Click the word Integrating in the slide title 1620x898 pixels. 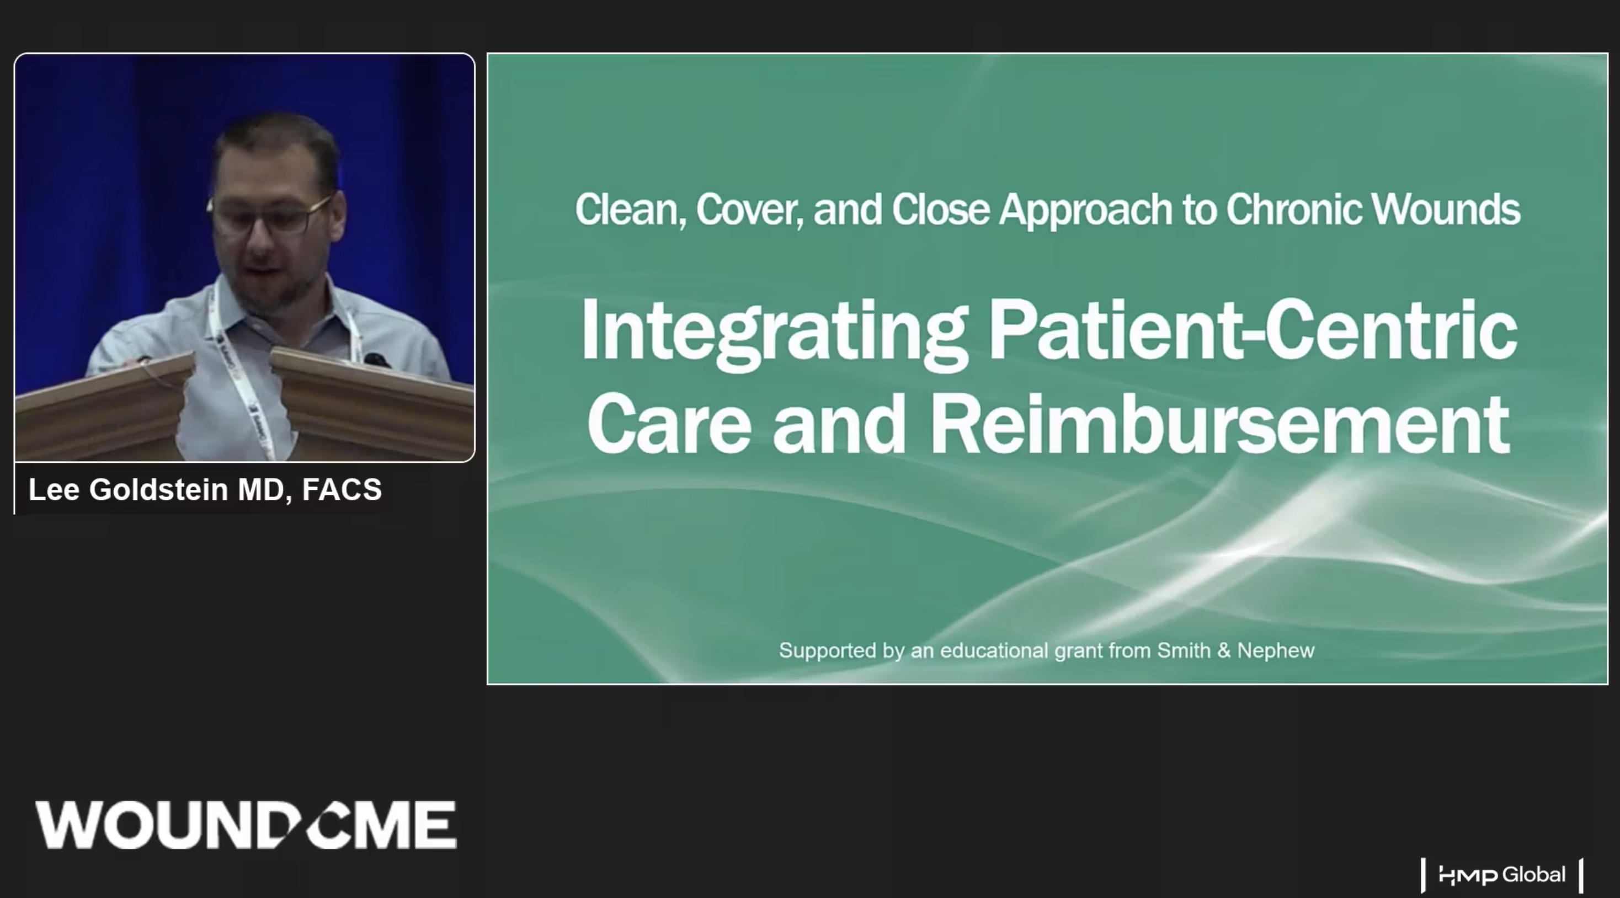pos(774,333)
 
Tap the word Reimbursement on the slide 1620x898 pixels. pos(1219,425)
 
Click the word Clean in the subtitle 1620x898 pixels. pos(630,210)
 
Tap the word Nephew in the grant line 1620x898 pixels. pos(1275,651)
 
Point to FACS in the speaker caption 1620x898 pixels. pos(342,489)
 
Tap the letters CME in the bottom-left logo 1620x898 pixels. pos(382,825)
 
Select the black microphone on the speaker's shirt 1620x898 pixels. pos(376,360)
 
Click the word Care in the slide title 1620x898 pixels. pos(669,425)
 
